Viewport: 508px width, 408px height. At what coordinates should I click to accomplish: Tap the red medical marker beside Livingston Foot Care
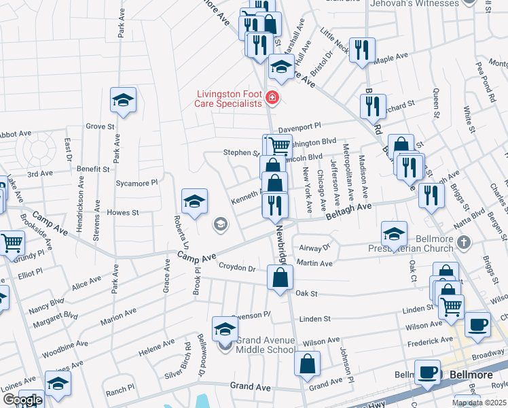click(272, 99)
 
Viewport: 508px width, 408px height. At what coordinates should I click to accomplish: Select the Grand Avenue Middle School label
click(268, 344)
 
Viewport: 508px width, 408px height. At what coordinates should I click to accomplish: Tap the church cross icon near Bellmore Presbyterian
click(464, 241)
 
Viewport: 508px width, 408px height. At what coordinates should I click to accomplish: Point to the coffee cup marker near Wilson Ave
click(478, 324)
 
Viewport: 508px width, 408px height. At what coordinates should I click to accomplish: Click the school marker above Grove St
click(124, 101)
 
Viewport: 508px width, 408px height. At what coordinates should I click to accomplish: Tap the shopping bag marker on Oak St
click(280, 277)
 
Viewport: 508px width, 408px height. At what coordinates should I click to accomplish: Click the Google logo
click(22, 400)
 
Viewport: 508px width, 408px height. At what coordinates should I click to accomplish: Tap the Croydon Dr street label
click(242, 269)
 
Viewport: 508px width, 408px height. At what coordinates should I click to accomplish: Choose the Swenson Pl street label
click(251, 315)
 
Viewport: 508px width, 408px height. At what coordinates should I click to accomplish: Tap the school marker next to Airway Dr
click(394, 233)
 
